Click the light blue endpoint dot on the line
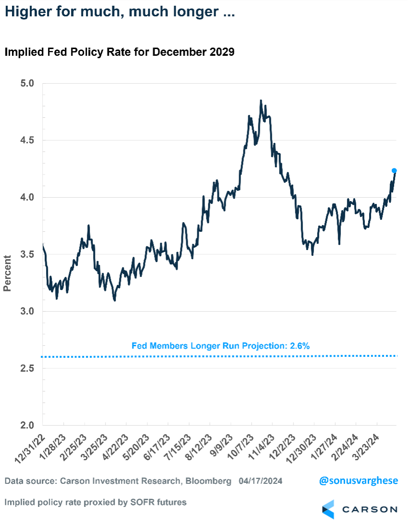[394, 171]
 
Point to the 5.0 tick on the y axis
[28, 83]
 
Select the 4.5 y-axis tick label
[28, 140]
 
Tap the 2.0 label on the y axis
[28, 426]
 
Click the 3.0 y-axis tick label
[28, 312]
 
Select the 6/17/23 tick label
[155, 447]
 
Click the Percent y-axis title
[7, 273]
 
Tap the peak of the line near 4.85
[261, 101]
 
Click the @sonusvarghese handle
[359, 480]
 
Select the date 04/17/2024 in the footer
[260, 481]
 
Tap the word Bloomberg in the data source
[207, 481]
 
